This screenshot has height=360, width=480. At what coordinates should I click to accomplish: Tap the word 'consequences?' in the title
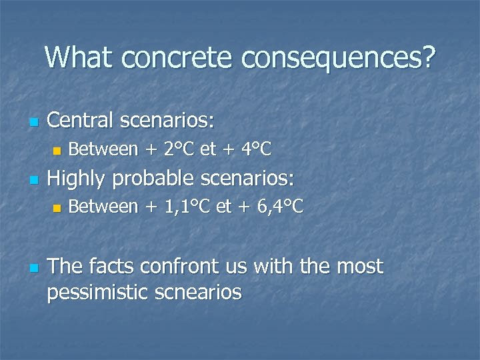tap(338, 59)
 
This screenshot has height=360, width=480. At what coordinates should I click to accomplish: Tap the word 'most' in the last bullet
tap(360, 266)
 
